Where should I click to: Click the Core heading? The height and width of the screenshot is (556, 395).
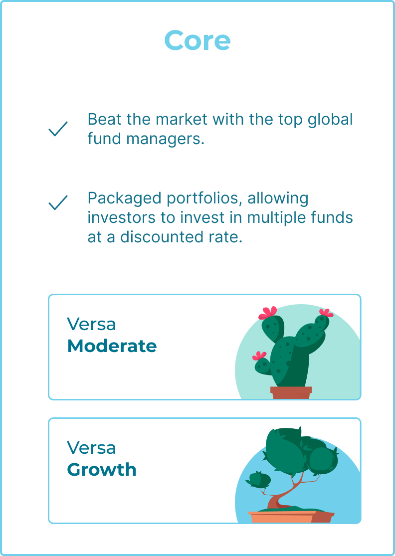click(197, 40)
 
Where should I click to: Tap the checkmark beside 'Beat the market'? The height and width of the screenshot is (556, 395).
click(58, 129)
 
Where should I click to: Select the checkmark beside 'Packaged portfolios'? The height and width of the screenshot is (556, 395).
click(58, 202)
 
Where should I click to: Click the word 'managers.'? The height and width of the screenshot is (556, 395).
click(166, 139)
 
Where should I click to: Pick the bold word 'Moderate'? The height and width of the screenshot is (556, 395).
click(112, 346)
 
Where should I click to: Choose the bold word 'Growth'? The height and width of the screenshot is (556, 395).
click(102, 469)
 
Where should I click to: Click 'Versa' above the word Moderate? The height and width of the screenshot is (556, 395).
click(91, 324)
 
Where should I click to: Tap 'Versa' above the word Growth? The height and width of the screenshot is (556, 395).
click(91, 447)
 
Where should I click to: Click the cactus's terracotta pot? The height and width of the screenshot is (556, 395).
click(291, 393)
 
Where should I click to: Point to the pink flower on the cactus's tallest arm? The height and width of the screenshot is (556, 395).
click(268, 313)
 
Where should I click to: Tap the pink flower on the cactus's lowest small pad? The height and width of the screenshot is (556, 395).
click(259, 356)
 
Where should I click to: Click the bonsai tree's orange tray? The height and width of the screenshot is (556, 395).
click(291, 517)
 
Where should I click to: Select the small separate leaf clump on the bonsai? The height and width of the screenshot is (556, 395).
click(258, 479)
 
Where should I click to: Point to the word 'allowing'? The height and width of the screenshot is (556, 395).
click(278, 198)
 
